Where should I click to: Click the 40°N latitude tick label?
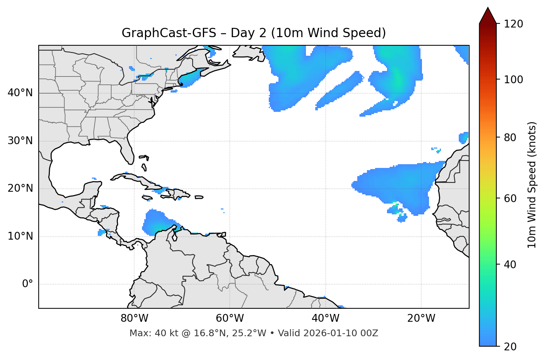20,93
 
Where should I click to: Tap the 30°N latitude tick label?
20,141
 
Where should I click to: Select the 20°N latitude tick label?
20,188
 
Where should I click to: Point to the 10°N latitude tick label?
20,236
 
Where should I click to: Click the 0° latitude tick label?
28,284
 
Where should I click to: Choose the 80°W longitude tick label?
134,318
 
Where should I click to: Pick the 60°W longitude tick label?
230,318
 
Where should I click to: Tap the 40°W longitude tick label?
326,318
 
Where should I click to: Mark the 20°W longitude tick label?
421,318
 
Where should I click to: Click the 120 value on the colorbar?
513,24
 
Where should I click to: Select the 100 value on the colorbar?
513,80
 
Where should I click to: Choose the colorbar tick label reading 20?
510,347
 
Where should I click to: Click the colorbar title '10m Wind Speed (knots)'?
532,185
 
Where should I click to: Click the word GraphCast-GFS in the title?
169,33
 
